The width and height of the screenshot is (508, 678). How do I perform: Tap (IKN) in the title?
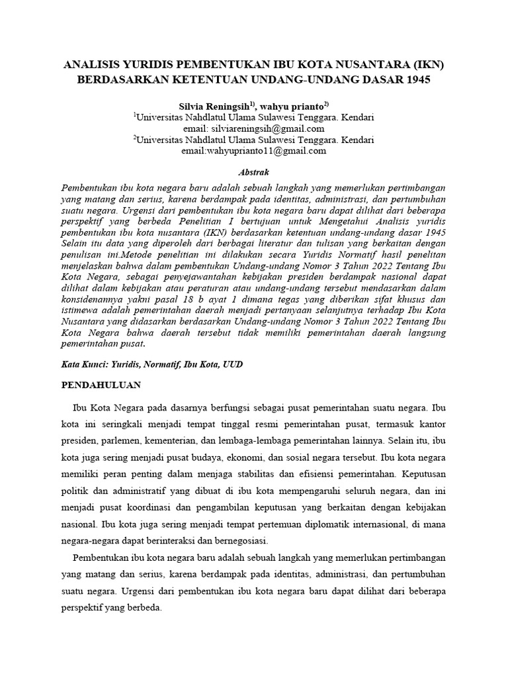(x=429, y=66)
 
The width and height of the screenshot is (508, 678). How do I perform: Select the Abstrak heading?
(x=254, y=171)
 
